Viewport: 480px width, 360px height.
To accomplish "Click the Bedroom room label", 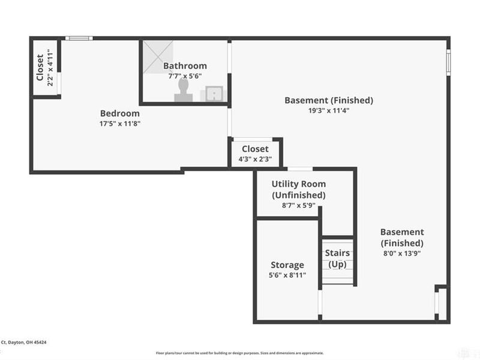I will tap(120, 113).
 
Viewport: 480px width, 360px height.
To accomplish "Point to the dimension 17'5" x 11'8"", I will tap(120, 124).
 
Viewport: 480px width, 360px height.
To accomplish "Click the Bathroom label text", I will tap(185, 66).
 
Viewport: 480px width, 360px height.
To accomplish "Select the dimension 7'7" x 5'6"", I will tap(185, 76).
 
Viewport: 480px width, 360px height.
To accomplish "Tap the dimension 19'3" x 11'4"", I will tap(329, 110).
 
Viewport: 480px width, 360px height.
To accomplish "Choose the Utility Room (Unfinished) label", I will tap(299, 190).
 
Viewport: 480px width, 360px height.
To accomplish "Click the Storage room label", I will tap(287, 265).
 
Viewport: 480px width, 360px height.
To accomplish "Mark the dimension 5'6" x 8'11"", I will tap(287, 275).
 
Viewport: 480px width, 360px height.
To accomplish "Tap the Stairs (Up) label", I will tap(337, 259).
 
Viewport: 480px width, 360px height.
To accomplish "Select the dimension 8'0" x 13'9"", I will tap(402, 253).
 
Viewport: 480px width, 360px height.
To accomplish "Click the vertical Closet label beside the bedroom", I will tap(40, 67).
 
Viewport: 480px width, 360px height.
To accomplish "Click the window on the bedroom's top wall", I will tap(79, 38).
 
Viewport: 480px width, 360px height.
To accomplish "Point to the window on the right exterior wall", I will tap(448, 62).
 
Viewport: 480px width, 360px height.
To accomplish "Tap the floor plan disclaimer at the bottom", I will tap(240, 353).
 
